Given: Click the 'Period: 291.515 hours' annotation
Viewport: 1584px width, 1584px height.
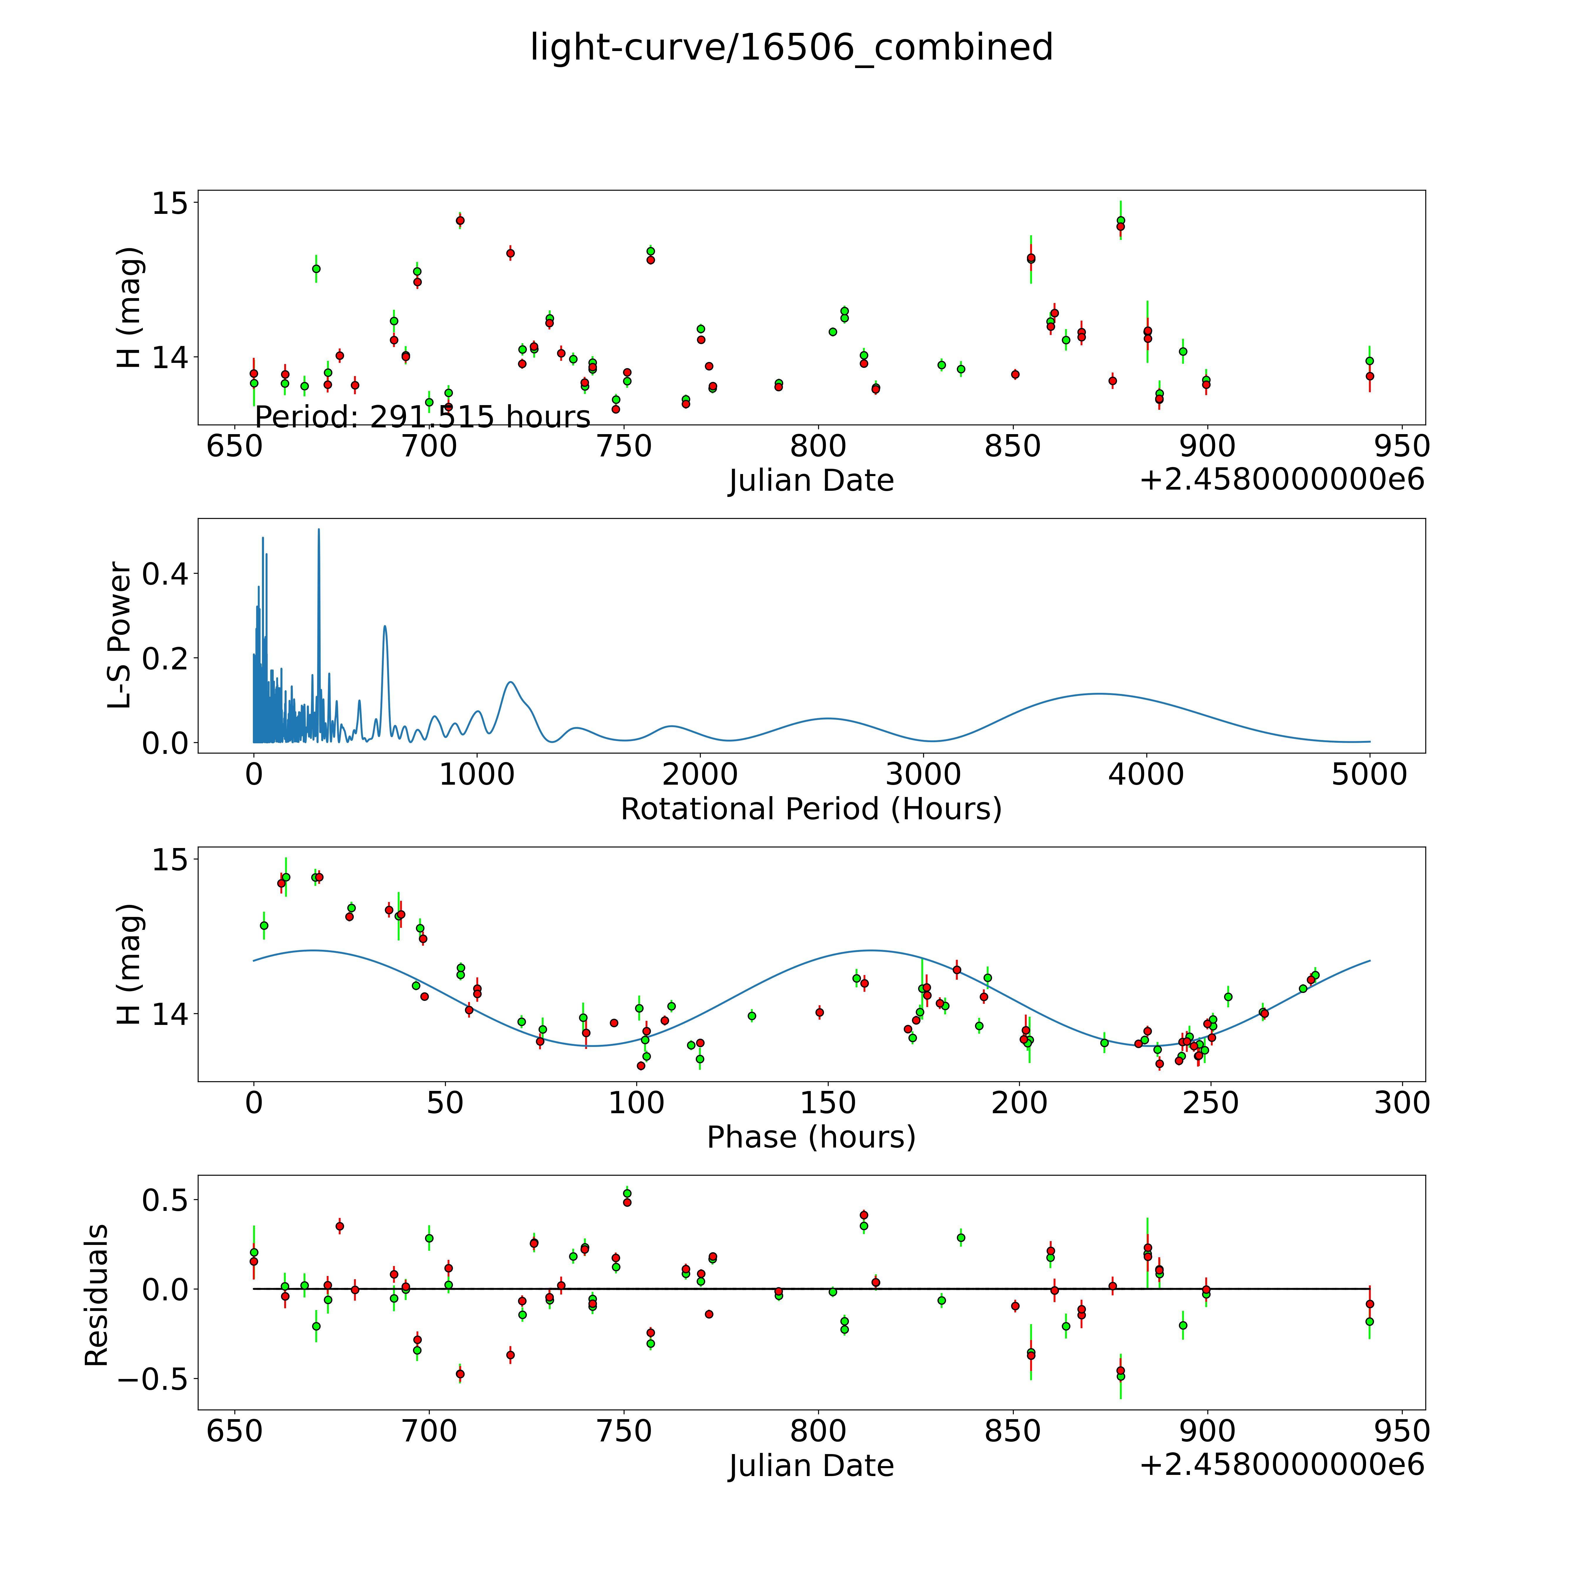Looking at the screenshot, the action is [x=422, y=417].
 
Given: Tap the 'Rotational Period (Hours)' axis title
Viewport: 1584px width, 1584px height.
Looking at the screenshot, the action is [x=811, y=809].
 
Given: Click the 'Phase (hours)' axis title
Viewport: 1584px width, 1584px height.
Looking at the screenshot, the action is [x=811, y=1137].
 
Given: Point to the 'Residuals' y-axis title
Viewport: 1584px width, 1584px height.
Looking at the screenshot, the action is [x=97, y=1294].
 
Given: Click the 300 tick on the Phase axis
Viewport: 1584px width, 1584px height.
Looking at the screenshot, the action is [x=1402, y=1103].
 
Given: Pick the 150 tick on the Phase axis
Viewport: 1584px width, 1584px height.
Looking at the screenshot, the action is [x=828, y=1103].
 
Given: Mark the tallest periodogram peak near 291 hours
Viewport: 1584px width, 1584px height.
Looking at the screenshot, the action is [x=319, y=530].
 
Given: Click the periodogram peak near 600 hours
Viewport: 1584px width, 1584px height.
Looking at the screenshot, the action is [x=385, y=626].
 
